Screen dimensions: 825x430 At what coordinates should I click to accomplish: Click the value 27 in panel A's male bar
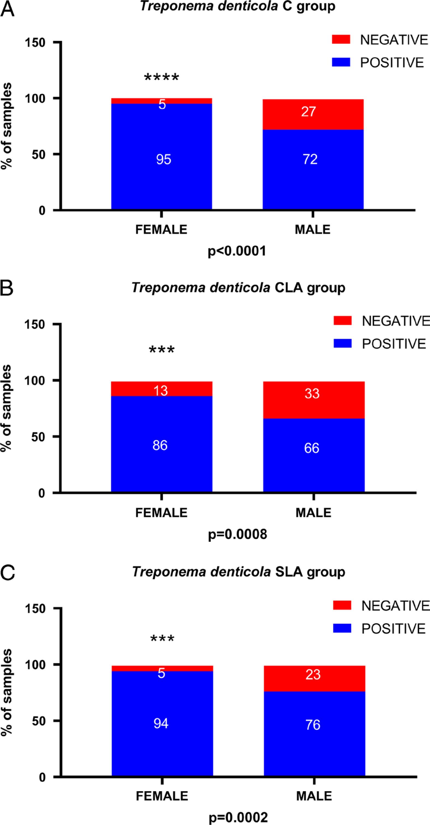309,112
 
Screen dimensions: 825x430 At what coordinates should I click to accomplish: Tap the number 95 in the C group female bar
164,159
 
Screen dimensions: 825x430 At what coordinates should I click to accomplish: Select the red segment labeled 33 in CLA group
314,400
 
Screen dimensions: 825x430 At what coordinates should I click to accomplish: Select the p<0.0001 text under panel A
237,251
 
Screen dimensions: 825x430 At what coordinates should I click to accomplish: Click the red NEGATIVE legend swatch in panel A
341,40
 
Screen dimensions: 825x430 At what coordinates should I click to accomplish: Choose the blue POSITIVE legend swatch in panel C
342,628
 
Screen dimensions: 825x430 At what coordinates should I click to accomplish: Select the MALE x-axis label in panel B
313,513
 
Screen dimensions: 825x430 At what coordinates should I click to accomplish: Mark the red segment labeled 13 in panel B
162,389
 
